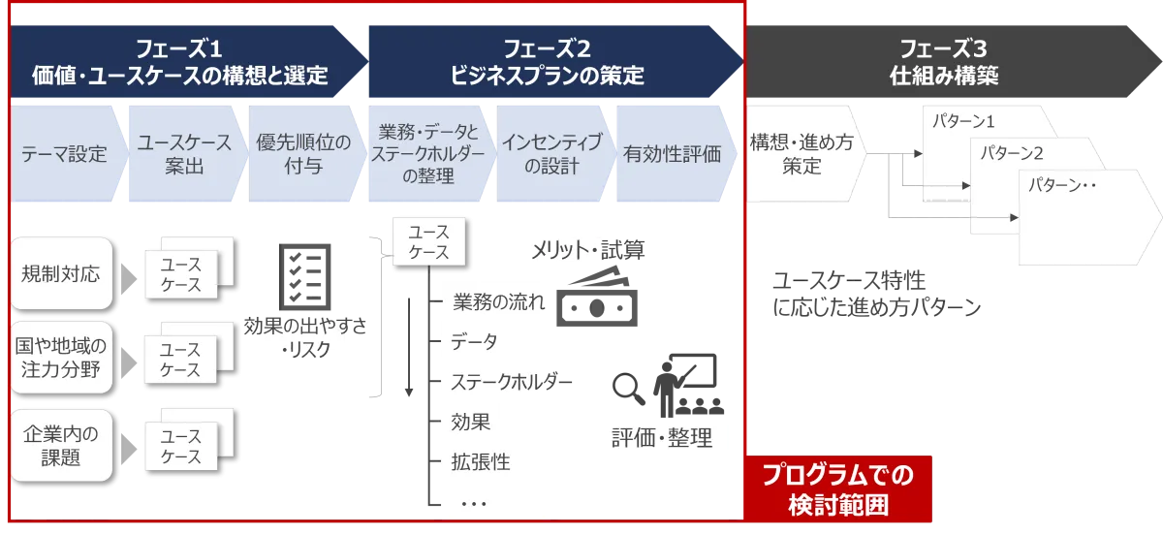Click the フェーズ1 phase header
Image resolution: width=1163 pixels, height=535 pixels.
[x=187, y=62]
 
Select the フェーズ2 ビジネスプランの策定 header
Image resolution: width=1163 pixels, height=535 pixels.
[x=555, y=62]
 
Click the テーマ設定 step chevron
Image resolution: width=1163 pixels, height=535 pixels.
[x=68, y=154]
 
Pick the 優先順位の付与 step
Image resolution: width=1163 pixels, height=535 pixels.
[x=306, y=154]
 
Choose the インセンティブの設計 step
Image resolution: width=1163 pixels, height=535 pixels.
[x=554, y=154]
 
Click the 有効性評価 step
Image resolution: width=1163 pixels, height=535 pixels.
[x=675, y=154]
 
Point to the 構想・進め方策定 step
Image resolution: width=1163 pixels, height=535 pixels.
[x=803, y=154]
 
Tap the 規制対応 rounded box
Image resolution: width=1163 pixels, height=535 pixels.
[x=61, y=273]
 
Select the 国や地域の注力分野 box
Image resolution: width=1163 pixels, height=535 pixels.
[x=61, y=358]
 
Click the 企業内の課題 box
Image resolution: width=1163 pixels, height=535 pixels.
[x=61, y=446]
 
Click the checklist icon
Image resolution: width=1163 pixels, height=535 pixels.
[x=304, y=277]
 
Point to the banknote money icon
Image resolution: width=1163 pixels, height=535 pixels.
[x=597, y=296]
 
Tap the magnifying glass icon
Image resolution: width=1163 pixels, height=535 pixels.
[x=628, y=389]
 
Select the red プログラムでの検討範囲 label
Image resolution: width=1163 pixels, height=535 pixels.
[x=838, y=489]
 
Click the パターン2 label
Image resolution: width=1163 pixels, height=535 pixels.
[x=1012, y=153]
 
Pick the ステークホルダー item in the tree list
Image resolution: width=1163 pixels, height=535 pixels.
[x=512, y=382]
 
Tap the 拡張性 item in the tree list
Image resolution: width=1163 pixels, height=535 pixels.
[x=481, y=461]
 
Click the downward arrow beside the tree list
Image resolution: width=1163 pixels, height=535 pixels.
[x=409, y=347]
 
